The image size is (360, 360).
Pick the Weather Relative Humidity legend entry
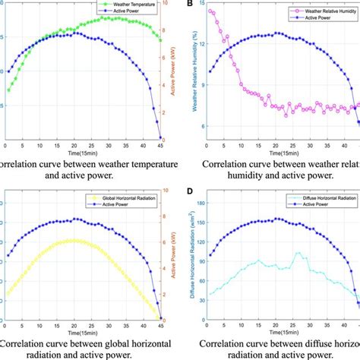318,13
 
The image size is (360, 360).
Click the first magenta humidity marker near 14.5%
210,11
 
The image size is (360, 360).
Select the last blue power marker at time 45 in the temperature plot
160,137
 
